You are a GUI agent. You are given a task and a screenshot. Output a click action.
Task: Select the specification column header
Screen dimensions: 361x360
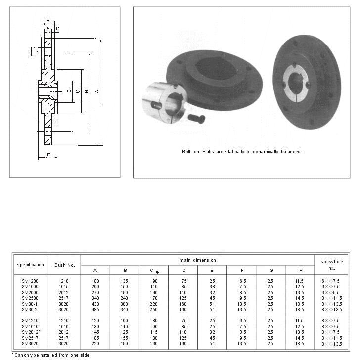30,265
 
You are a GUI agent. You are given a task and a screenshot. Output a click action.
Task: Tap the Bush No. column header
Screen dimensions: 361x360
64,265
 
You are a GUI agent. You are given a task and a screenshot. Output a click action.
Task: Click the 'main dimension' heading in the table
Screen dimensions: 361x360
197,260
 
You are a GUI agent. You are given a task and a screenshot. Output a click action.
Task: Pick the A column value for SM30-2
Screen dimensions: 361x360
95,309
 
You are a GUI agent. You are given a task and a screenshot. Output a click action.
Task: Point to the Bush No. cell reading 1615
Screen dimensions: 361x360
64,286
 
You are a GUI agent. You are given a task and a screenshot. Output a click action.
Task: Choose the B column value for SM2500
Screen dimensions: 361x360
125,298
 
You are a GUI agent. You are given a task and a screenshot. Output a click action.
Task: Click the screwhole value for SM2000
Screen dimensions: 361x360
331,292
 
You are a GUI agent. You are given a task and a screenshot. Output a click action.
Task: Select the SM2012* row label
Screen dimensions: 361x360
31,332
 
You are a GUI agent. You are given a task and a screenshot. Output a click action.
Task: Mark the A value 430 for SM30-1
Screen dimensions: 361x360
95,304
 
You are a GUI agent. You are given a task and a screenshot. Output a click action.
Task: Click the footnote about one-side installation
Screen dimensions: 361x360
50,355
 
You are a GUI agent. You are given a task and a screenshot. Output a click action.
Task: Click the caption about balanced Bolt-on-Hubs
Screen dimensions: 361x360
242,152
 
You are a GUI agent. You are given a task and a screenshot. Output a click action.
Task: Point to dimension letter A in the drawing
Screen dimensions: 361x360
97,91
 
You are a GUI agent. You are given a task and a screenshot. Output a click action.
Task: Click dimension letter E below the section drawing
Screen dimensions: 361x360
48,155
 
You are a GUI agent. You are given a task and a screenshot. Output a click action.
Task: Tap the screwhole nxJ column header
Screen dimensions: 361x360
331,265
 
